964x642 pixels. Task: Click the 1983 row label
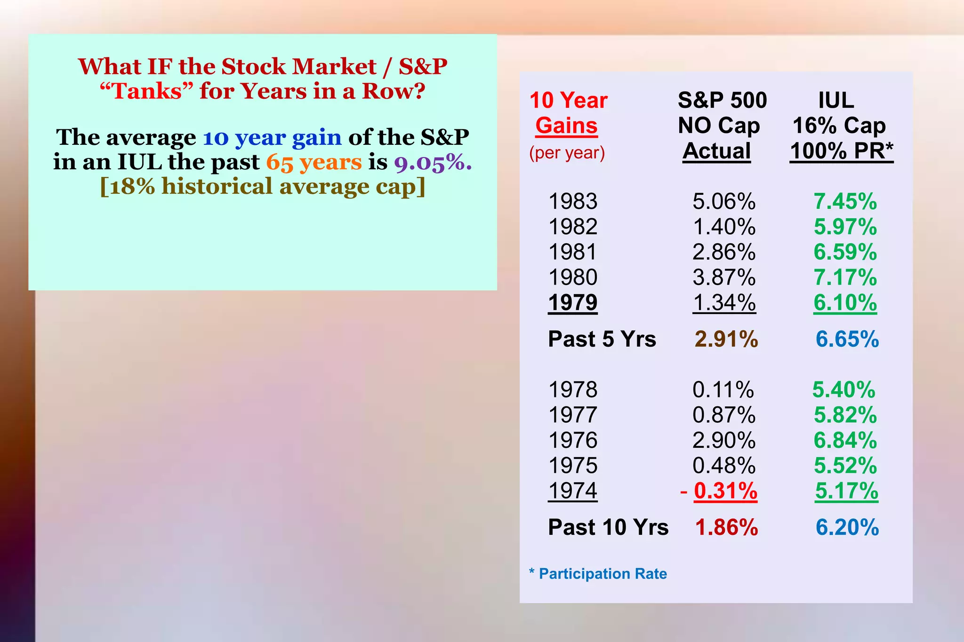(x=573, y=202)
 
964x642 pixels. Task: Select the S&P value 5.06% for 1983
(x=724, y=202)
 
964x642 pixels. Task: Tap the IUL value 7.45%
(x=845, y=202)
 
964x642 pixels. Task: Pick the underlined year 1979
(x=573, y=302)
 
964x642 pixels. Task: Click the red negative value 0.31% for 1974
(x=725, y=491)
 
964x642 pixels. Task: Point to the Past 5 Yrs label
(x=602, y=339)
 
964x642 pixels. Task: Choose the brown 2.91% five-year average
(x=726, y=339)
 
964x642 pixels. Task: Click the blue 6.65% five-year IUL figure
(x=847, y=339)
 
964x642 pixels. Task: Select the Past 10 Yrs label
(x=608, y=527)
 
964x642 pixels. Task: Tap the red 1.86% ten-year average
(x=726, y=527)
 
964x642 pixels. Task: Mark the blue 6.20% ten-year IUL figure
(x=847, y=527)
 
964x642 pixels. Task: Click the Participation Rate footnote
(x=602, y=574)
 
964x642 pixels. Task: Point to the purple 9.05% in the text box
(x=433, y=163)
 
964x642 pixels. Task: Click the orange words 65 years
(x=314, y=162)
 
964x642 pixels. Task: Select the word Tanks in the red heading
(x=147, y=91)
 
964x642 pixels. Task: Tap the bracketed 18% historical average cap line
(x=263, y=186)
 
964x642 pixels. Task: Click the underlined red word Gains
(x=566, y=126)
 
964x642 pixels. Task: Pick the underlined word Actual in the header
(x=716, y=151)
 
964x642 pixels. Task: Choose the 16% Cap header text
(x=839, y=126)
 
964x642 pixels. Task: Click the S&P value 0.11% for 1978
(x=723, y=390)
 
